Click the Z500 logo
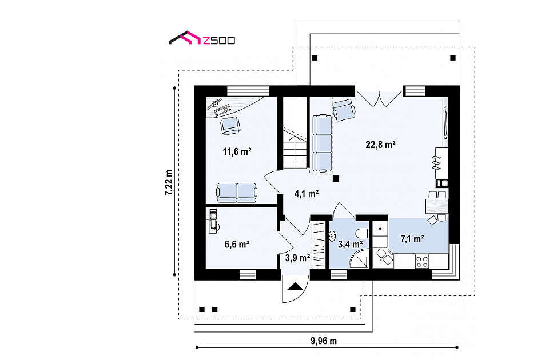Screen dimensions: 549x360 [x=202, y=38]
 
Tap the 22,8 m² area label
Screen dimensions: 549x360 [x=381, y=144]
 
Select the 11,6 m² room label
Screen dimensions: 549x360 [x=237, y=151]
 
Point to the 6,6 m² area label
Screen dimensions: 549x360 [x=237, y=244]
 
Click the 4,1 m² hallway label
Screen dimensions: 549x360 [x=307, y=194]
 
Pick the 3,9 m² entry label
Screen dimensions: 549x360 [x=297, y=258]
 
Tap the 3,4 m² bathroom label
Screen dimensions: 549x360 [x=350, y=243]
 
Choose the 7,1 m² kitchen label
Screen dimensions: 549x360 [x=412, y=239]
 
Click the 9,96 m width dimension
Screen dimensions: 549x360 [x=324, y=341]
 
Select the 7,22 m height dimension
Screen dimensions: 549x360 [x=169, y=182]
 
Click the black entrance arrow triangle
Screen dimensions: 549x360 [x=296, y=286]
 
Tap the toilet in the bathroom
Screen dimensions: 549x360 [x=361, y=233]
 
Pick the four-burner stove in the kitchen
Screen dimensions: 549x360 [x=422, y=261]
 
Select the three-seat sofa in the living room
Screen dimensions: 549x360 [x=322, y=143]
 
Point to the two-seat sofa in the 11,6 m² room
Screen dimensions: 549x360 [x=237, y=193]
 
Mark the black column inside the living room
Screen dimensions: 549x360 [x=336, y=178]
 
